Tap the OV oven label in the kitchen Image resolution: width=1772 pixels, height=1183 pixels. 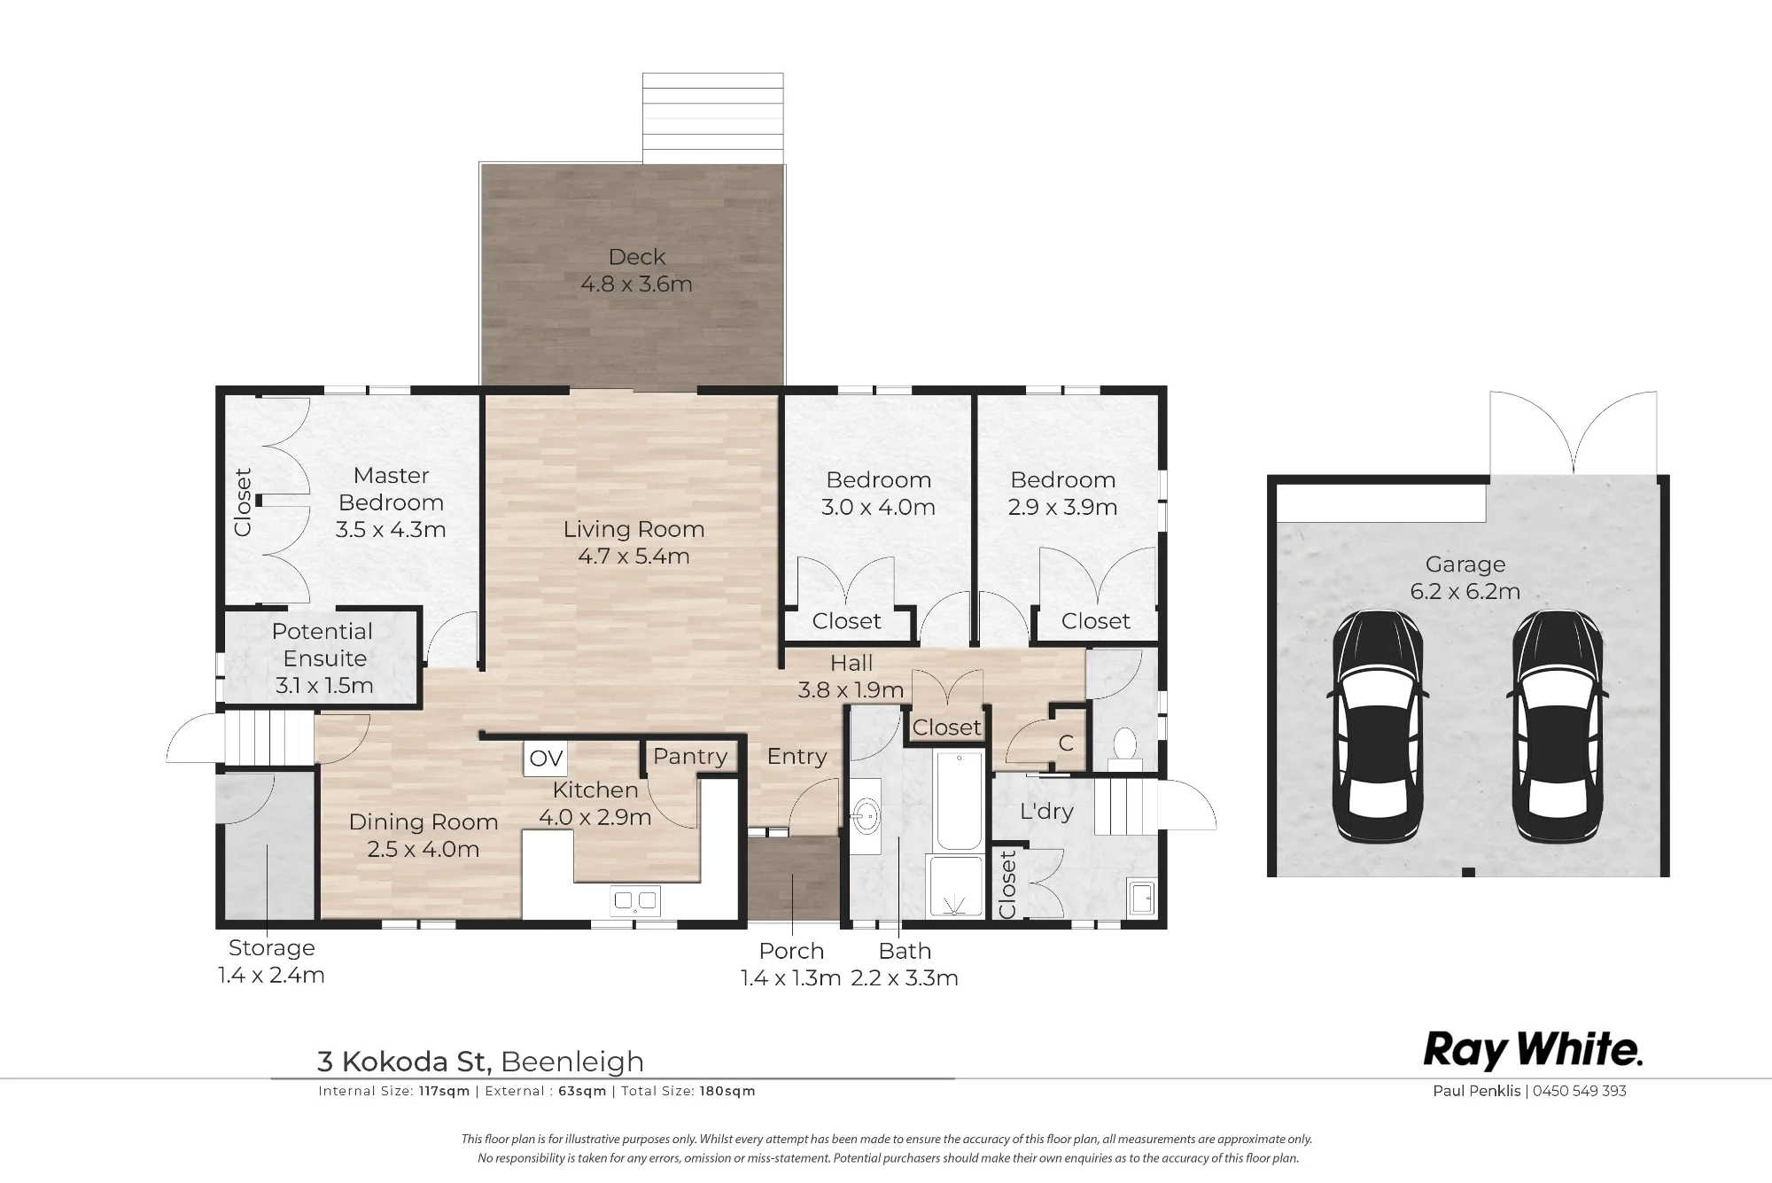click(546, 759)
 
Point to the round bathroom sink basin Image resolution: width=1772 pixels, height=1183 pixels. click(867, 812)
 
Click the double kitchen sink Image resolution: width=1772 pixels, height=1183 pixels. click(634, 901)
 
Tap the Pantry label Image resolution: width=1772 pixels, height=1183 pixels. click(690, 756)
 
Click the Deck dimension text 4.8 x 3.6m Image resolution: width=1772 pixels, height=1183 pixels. click(636, 284)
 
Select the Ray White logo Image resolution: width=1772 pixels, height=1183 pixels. click(1533, 1051)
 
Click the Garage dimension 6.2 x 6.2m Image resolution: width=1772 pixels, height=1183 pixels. click(1465, 591)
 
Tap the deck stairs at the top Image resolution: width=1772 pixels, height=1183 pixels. click(713, 118)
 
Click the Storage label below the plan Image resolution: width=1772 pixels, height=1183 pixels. click(272, 947)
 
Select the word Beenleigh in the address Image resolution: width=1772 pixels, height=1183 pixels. click(572, 1061)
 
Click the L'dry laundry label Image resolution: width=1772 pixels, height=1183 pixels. click(1046, 811)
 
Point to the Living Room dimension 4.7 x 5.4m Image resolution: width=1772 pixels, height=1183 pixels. click(633, 556)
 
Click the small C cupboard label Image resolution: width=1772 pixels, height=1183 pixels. click(1066, 743)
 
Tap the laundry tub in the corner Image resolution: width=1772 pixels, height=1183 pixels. click(1141, 896)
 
